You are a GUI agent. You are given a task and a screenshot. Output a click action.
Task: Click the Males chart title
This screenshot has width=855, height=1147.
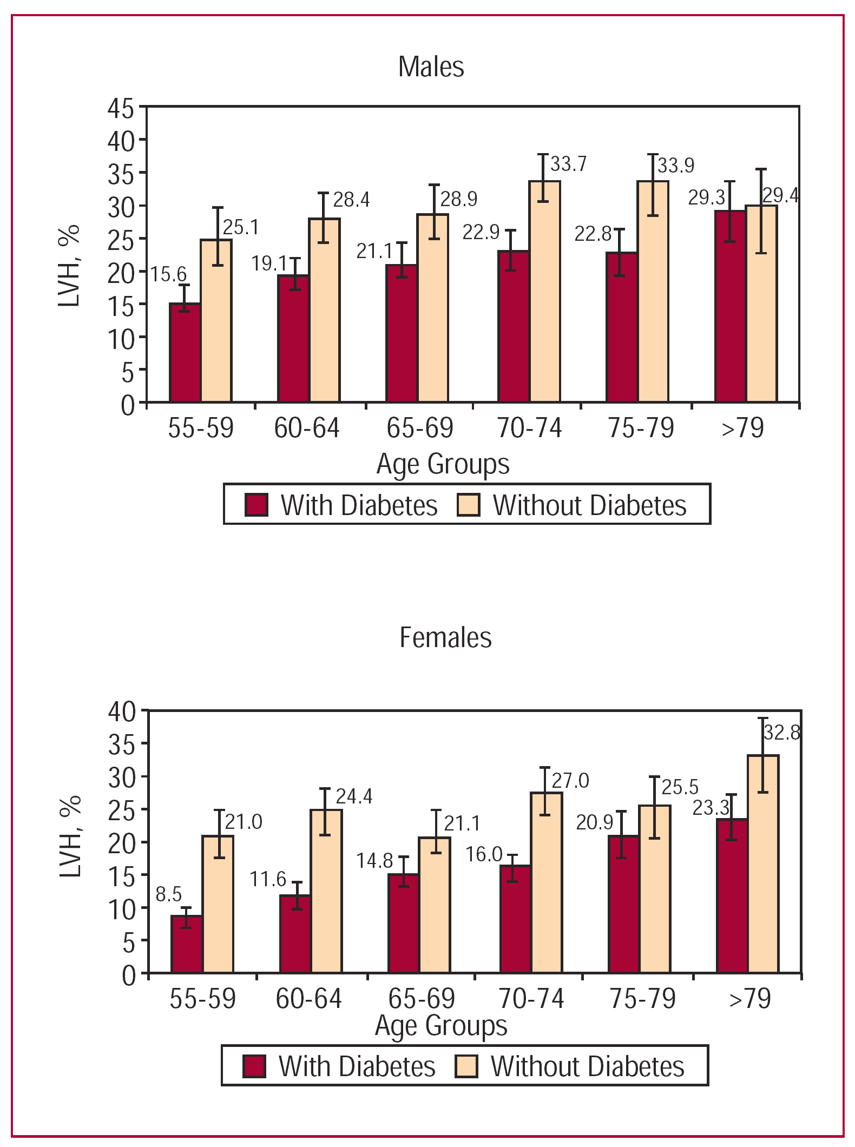tap(431, 67)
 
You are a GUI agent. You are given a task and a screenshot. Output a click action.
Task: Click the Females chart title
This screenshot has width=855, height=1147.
tap(445, 637)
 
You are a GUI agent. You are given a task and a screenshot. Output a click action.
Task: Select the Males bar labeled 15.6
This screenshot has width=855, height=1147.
tap(185, 353)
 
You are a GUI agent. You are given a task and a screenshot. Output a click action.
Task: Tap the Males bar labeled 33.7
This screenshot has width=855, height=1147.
tap(545, 292)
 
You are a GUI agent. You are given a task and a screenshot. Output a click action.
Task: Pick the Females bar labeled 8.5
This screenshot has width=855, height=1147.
tap(187, 944)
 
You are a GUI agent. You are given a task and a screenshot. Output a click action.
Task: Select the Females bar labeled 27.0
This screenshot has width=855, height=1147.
tap(547, 882)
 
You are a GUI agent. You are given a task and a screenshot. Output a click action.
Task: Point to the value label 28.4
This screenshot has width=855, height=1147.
tap(351, 200)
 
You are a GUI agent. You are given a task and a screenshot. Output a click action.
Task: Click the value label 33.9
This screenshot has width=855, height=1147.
tap(676, 165)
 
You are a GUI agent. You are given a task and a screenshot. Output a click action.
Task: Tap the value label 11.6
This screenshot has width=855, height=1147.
tap(267, 879)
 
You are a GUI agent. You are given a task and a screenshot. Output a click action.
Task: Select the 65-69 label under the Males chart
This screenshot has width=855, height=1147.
tap(419, 428)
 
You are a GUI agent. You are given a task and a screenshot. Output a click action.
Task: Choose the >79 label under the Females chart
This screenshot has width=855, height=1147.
tap(749, 999)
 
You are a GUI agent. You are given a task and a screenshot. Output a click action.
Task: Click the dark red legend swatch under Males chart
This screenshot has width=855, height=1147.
tap(256, 505)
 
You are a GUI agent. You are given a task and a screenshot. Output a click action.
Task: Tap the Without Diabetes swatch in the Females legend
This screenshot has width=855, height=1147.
tap(466, 1066)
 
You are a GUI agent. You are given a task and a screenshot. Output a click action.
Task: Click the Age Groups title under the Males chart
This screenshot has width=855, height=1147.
tap(443, 464)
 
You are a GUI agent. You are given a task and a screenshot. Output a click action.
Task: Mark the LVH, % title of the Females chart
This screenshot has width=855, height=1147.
tap(70, 838)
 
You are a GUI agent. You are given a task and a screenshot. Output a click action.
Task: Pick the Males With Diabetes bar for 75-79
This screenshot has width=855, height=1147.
tap(622, 327)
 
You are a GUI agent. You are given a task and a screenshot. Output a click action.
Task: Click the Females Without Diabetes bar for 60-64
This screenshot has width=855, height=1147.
tap(326, 891)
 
